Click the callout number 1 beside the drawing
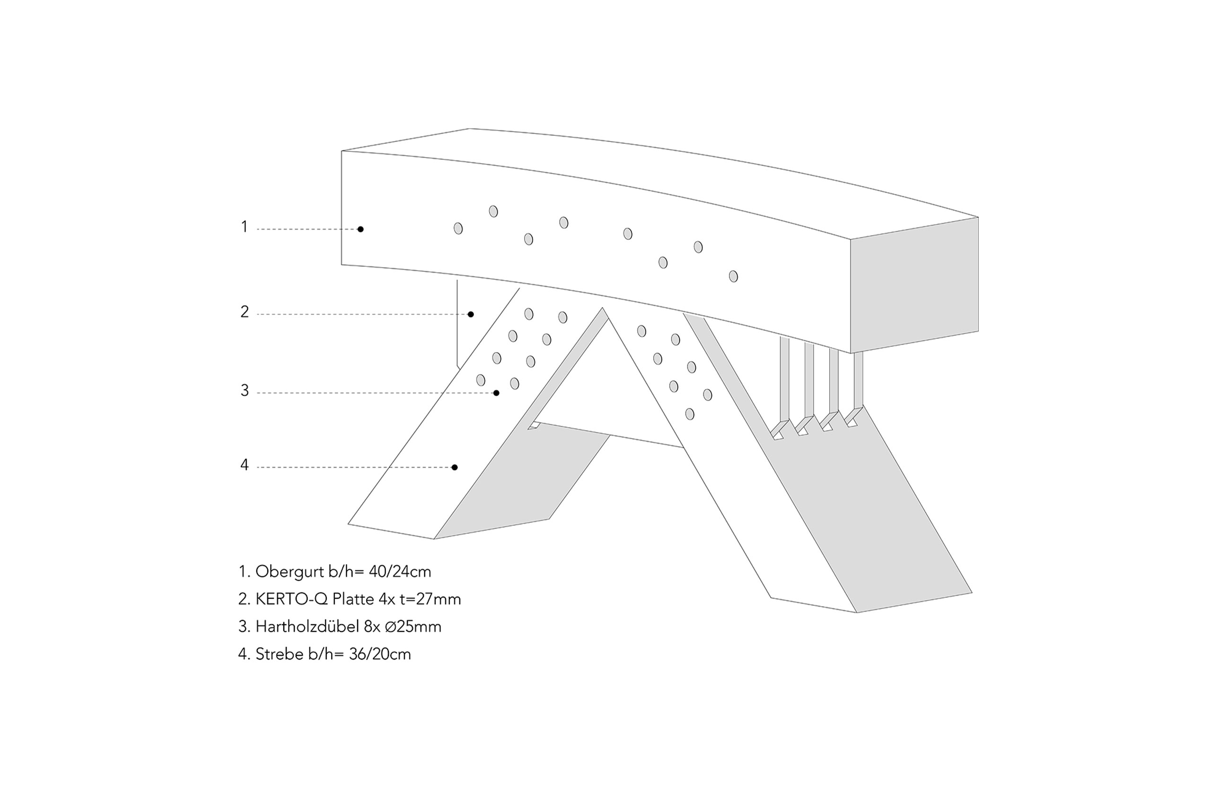(x=244, y=227)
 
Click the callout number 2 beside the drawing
(x=245, y=311)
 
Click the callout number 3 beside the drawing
(x=245, y=390)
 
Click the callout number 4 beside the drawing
(x=245, y=465)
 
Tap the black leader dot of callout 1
(x=360, y=229)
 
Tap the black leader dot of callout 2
(x=471, y=315)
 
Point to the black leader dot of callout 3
(x=497, y=393)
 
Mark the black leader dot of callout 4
(x=455, y=467)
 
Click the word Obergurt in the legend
(x=290, y=572)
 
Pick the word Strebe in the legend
(x=280, y=654)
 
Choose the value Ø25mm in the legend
(x=413, y=627)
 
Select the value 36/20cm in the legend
(x=380, y=654)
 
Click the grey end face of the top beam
(x=914, y=285)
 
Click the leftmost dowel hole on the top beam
(x=458, y=229)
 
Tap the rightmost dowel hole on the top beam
(x=733, y=276)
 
